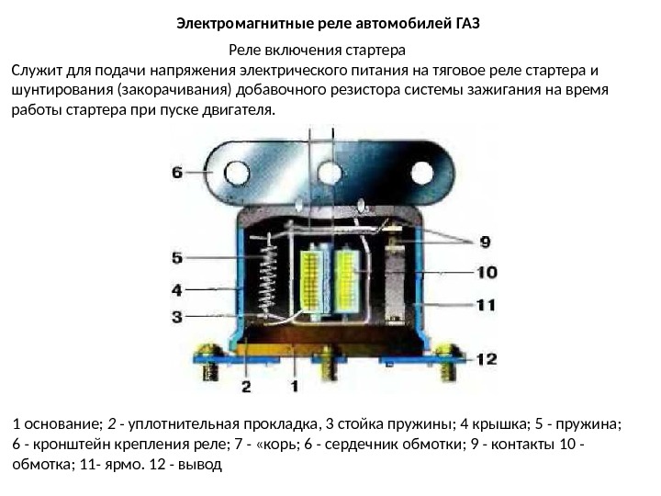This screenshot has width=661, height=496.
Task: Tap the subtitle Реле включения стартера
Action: [316, 49]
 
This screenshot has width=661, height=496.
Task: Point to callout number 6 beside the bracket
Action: [178, 171]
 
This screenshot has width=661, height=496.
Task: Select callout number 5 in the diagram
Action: [177, 258]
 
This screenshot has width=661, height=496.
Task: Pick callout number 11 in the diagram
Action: [486, 304]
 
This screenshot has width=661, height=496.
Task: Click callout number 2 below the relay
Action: [246, 386]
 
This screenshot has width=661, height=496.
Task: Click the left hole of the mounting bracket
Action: [238, 172]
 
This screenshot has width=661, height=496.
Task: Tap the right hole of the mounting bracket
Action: [421, 172]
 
